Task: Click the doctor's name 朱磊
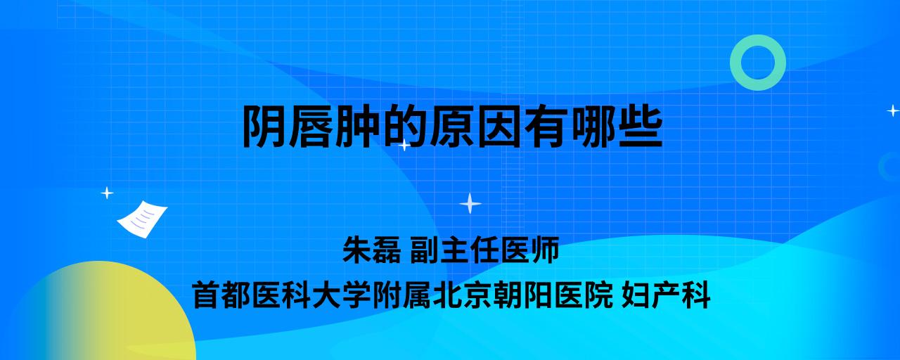(372, 250)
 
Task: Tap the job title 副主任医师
(484, 250)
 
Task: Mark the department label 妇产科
(666, 295)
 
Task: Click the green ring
(736, 63)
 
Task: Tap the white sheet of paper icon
(142, 219)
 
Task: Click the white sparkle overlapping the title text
(404, 145)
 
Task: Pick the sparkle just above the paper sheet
(107, 193)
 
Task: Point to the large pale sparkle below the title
(470, 203)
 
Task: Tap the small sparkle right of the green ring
(893, 110)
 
